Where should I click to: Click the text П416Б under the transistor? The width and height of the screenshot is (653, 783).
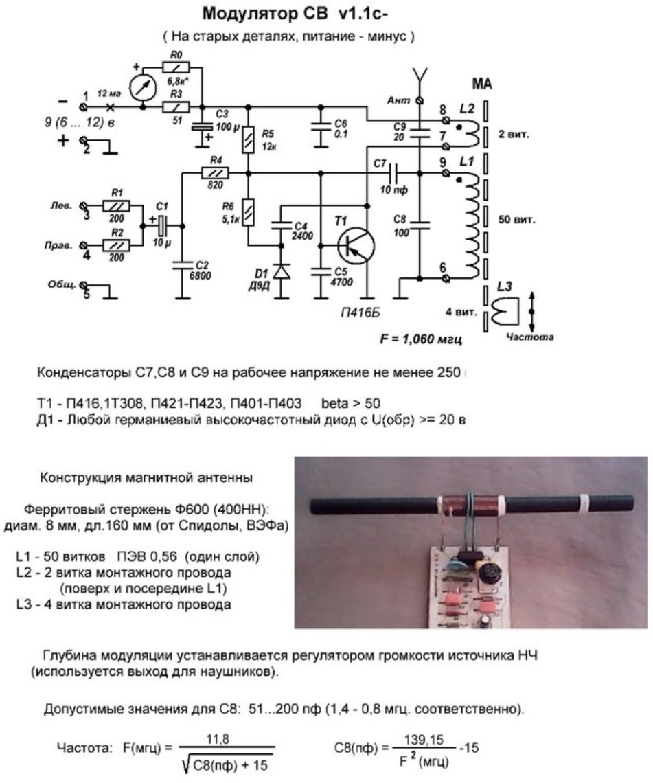click(360, 314)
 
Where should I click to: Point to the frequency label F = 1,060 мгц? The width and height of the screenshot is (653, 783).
click(420, 339)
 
